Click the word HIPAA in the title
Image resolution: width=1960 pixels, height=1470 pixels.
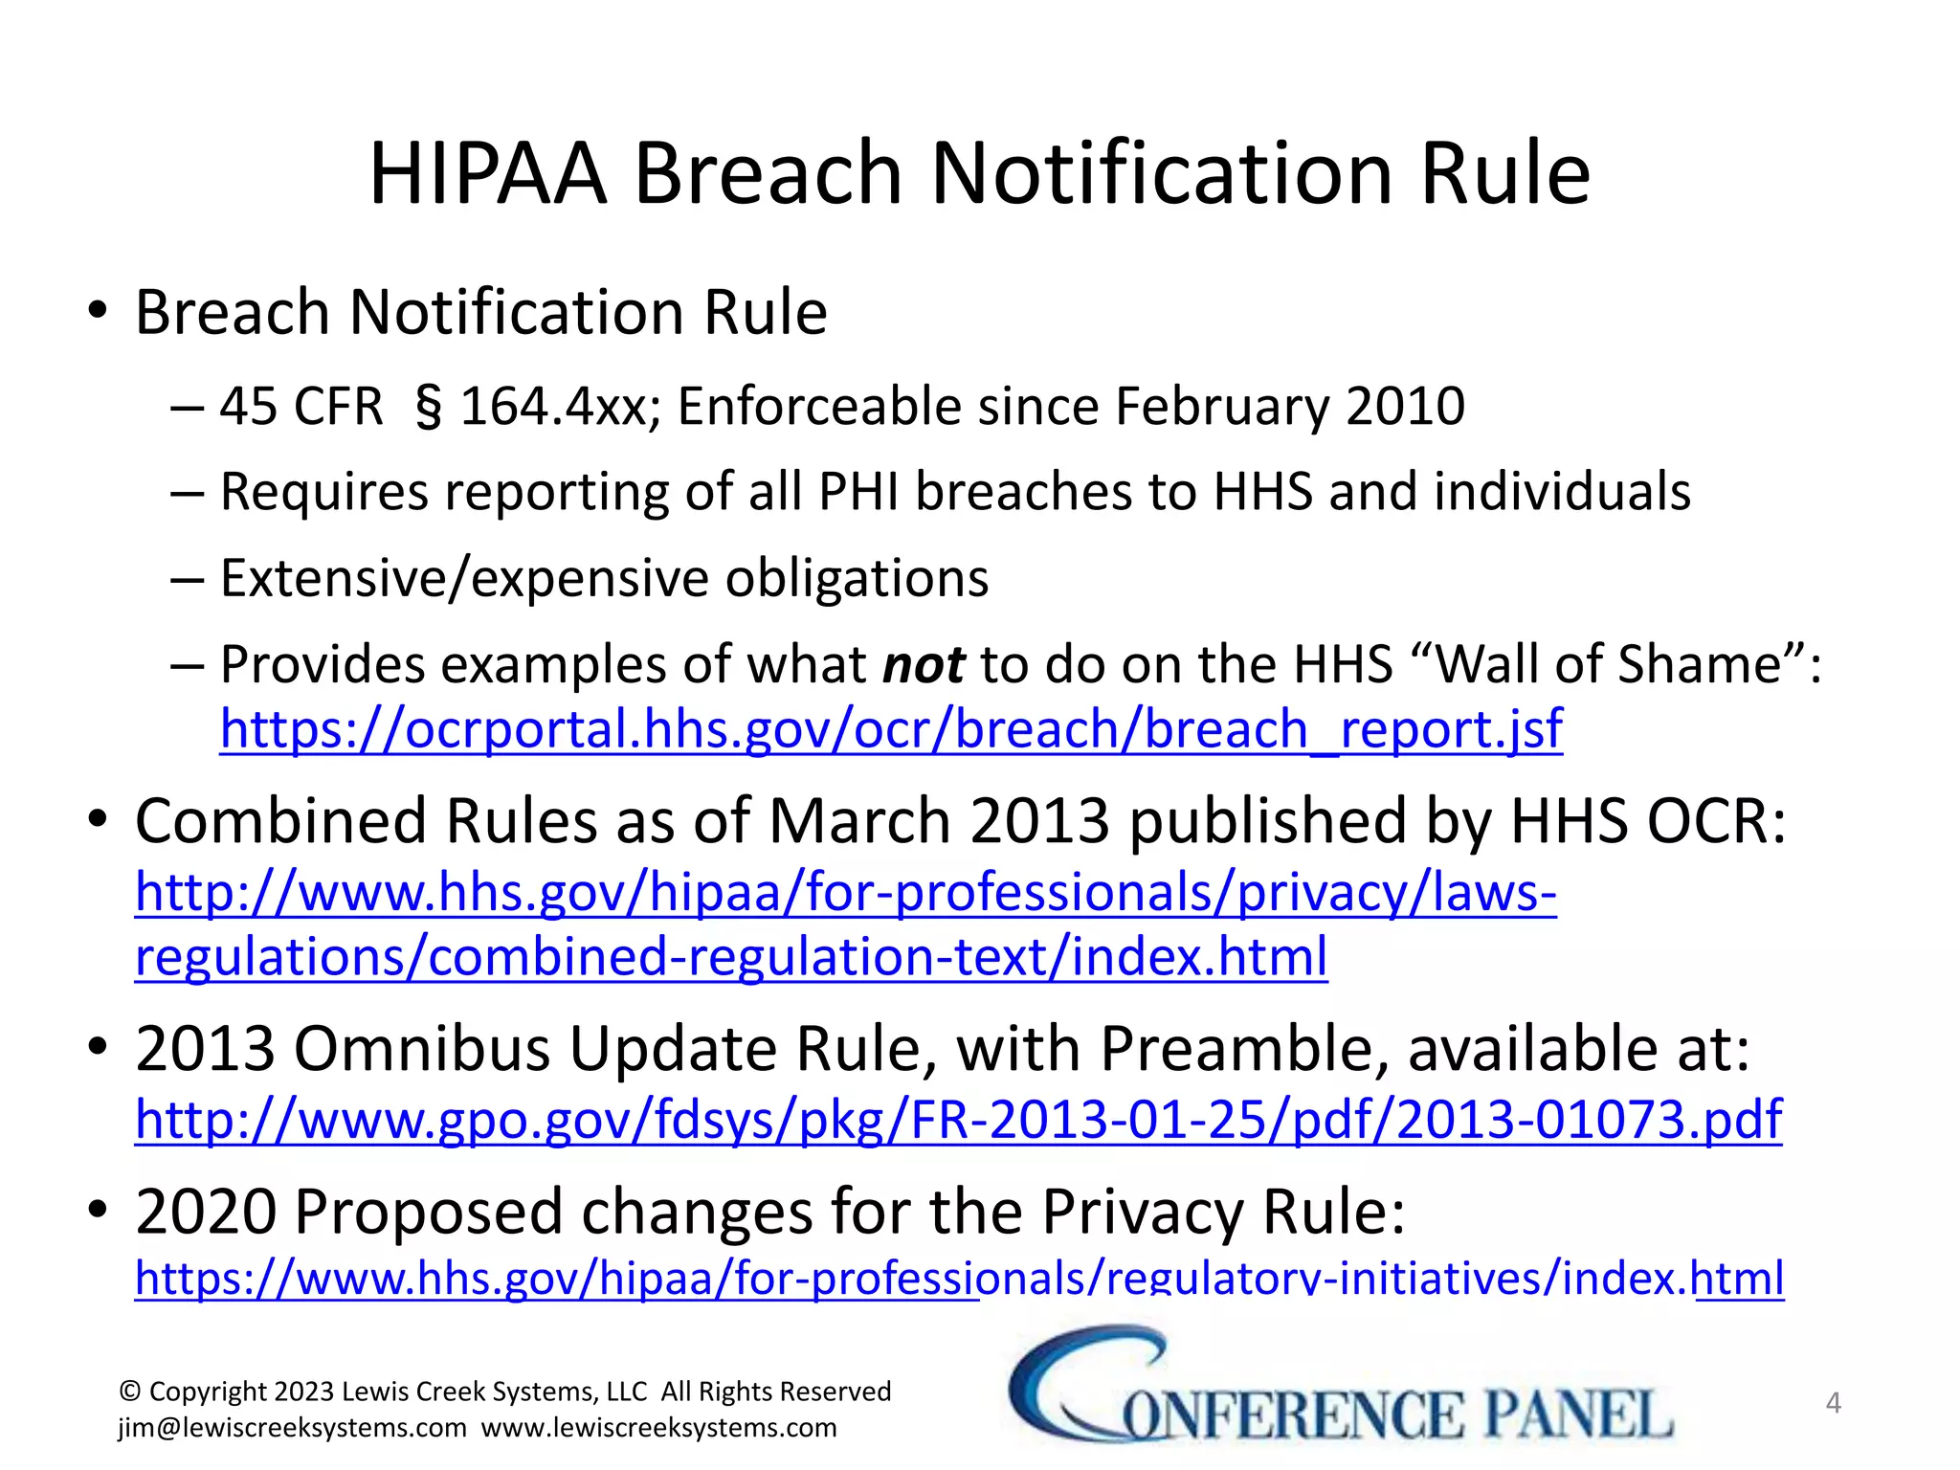pyautogui.click(x=488, y=174)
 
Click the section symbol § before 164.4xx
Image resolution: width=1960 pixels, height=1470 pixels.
pyautogui.click(x=429, y=408)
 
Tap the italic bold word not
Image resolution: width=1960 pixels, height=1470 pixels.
pyautogui.click(x=923, y=664)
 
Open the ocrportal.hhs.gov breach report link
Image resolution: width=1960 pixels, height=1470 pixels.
pyautogui.click(x=890, y=729)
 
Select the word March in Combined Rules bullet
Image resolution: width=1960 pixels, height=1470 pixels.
pyautogui.click(x=860, y=821)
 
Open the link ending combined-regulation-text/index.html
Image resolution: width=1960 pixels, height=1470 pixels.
pyautogui.click(x=731, y=957)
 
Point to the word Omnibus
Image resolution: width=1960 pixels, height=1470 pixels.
pyautogui.click(x=421, y=1049)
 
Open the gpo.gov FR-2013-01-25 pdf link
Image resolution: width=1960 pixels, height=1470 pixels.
pyautogui.click(x=957, y=1119)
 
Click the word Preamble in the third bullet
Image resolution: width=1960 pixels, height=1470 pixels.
pyautogui.click(x=1244, y=1049)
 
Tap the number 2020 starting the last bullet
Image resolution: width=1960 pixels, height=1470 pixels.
pyautogui.click(x=206, y=1212)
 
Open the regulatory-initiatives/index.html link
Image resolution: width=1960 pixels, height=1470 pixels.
pyautogui.click(x=957, y=1279)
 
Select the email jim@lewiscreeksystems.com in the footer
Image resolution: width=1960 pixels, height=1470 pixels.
pyautogui.click(x=292, y=1428)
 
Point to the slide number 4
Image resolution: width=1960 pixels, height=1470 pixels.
pyautogui.click(x=1833, y=1403)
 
